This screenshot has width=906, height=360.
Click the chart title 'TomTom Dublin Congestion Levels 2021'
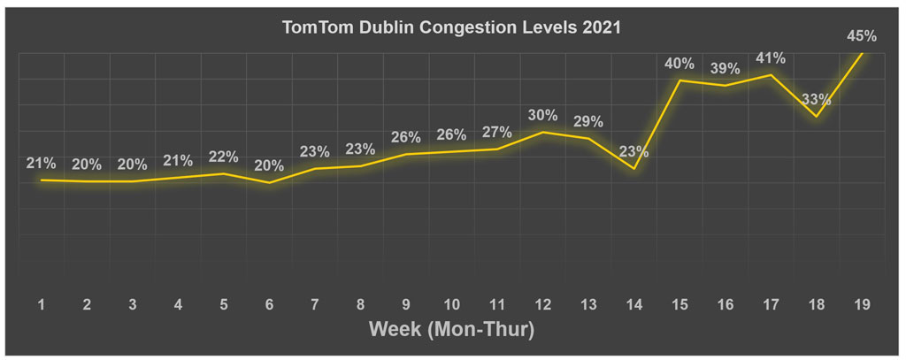451,27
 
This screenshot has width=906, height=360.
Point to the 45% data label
862,36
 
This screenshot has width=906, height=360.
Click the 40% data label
679,64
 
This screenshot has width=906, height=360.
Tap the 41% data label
770,57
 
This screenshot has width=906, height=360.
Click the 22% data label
223,157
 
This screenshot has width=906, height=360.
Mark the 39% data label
725,68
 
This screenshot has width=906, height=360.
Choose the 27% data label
496,132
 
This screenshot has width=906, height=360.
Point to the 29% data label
587,121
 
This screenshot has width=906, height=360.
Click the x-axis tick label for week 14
633,304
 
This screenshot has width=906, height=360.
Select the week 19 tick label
862,304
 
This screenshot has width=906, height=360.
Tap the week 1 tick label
42,304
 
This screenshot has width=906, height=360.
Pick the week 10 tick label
451,304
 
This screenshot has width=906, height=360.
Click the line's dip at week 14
633,168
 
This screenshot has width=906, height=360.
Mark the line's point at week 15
679,80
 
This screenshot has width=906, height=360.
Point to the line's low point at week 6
269,183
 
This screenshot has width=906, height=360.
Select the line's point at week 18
816,116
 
